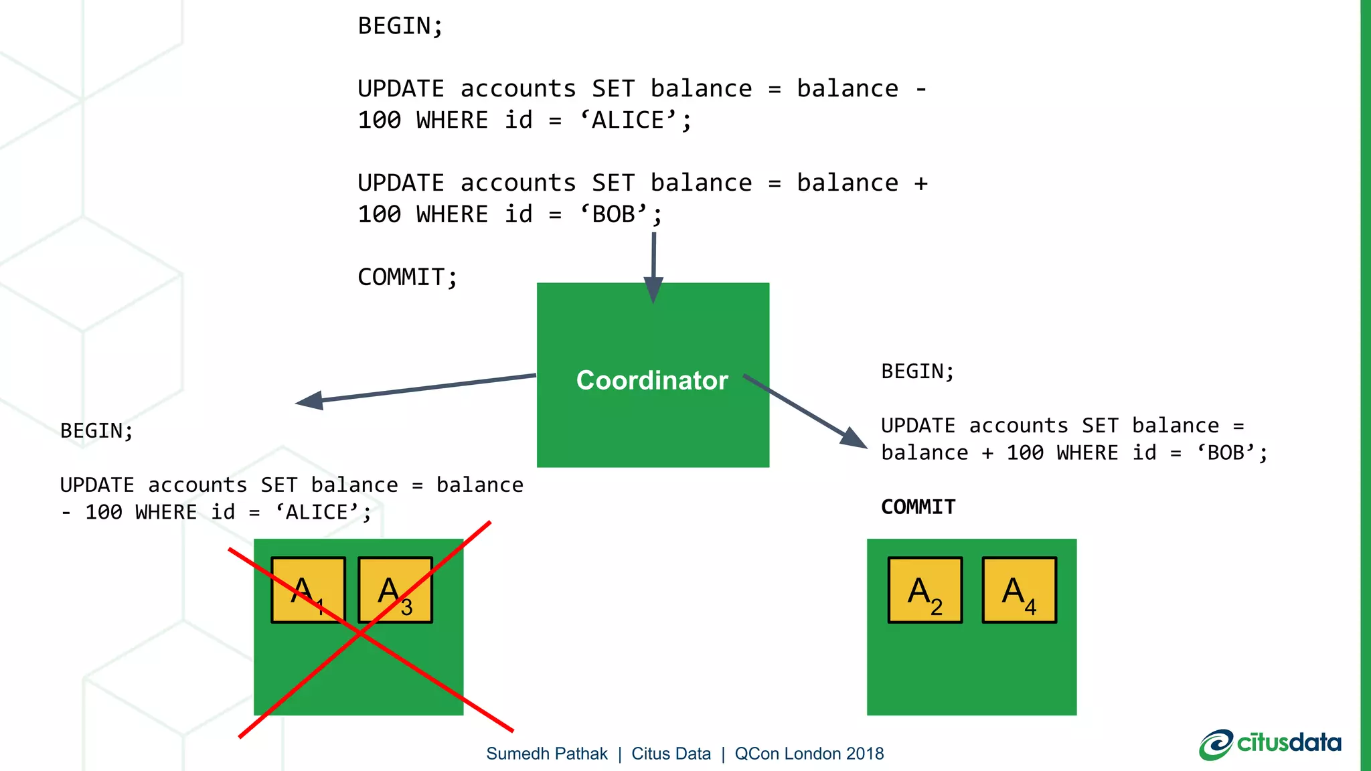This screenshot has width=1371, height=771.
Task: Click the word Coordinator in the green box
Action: (x=652, y=380)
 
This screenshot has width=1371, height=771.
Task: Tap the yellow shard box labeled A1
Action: (x=308, y=590)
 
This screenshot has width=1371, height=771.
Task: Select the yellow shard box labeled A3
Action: (x=395, y=590)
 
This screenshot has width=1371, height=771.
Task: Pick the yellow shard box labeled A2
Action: (x=925, y=590)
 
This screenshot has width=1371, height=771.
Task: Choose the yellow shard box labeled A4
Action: (x=1019, y=590)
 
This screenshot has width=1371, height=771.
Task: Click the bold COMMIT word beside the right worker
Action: (x=918, y=507)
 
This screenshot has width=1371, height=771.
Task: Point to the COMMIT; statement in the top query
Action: (x=407, y=277)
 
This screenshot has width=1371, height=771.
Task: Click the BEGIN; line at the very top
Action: (x=400, y=26)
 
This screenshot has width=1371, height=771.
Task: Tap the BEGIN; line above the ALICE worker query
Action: (x=96, y=431)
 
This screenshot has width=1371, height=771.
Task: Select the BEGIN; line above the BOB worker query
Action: (x=917, y=371)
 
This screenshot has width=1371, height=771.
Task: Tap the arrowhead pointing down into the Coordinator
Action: (x=653, y=289)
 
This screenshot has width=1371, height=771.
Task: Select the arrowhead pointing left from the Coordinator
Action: (x=309, y=401)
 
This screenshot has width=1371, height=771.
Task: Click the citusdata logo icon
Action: (x=1215, y=744)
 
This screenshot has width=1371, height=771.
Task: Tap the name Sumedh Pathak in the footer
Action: (x=546, y=754)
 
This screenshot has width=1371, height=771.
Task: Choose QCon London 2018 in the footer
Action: (x=809, y=754)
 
